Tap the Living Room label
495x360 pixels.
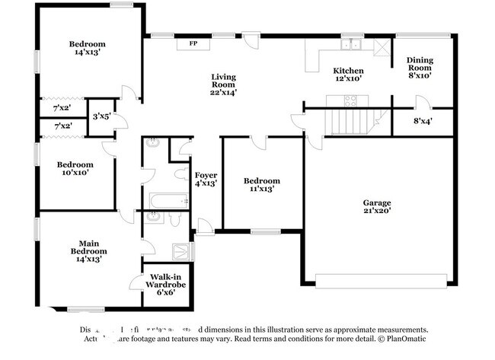(224, 84)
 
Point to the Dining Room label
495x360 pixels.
(420, 68)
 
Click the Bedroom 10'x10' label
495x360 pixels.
(75, 169)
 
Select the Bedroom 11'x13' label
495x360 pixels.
(261, 185)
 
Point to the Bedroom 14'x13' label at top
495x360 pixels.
(87, 49)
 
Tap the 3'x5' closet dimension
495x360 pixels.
(101, 116)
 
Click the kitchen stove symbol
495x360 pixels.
(351, 99)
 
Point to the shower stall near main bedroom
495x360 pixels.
(183, 252)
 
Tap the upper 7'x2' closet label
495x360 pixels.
(62, 109)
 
